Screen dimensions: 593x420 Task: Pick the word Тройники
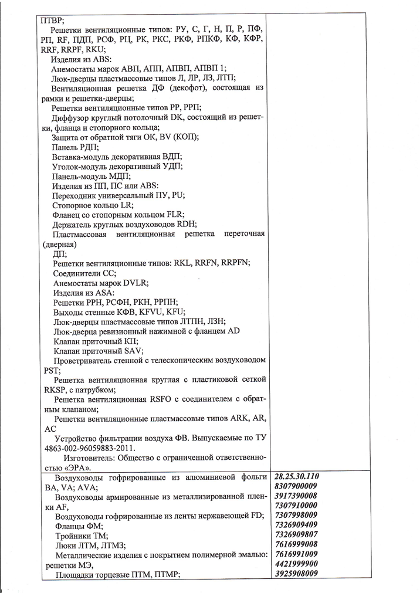pos(74,536)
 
